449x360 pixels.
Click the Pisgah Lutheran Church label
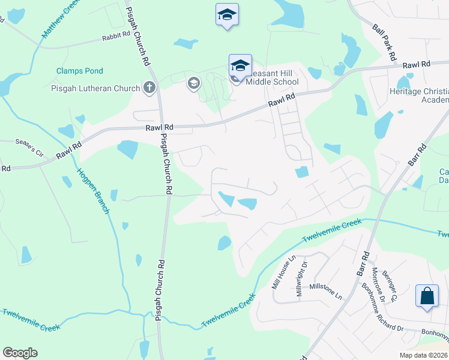[x=96, y=89]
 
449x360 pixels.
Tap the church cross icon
[x=149, y=88]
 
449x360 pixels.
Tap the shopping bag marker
[x=427, y=296]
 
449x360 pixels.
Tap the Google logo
[x=20, y=353]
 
